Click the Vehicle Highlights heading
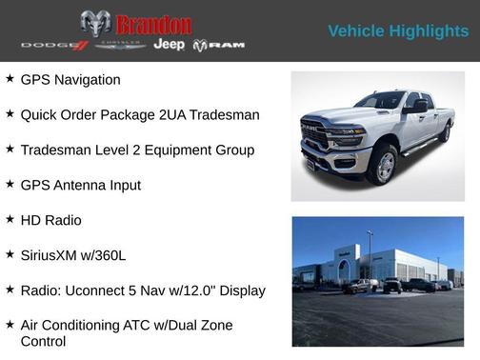point(398,31)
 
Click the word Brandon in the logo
point(153,25)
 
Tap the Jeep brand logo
point(170,45)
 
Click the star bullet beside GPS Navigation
point(10,79)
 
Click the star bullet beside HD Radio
point(10,219)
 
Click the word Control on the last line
point(44,341)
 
